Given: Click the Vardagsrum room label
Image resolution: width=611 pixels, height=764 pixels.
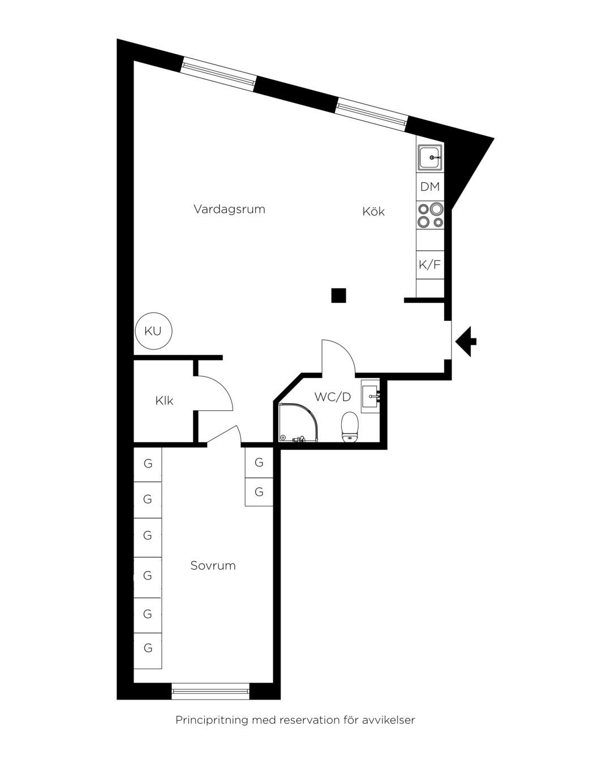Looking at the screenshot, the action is (229, 209).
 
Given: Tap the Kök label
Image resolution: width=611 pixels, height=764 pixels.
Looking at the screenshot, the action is (373, 212).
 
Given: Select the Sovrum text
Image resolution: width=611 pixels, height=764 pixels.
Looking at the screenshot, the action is (213, 565).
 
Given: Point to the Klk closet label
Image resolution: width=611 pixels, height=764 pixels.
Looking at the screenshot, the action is (164, 401).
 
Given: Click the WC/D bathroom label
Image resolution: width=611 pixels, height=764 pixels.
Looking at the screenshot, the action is (333, 397).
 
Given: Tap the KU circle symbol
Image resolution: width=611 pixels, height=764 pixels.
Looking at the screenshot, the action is (154, 331).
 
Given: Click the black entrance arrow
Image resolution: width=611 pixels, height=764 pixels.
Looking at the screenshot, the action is (466, 341).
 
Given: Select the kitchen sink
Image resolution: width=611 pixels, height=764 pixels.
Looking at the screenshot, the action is (431, 158).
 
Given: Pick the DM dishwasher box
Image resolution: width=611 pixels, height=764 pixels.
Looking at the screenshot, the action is (430, 186).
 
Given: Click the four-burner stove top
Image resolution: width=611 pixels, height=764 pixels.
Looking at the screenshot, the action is (431, 215).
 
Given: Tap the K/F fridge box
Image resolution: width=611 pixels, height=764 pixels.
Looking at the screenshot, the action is (430, 265).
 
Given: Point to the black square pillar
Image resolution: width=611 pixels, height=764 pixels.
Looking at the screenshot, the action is (338, 295).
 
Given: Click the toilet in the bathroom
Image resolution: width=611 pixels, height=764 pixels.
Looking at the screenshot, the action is (350, 427).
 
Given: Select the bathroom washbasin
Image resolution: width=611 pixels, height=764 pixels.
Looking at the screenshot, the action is (371, 396).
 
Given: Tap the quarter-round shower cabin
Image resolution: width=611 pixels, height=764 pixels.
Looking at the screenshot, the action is (298, 423).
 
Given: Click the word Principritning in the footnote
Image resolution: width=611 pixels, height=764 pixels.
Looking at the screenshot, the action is (212, 720).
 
